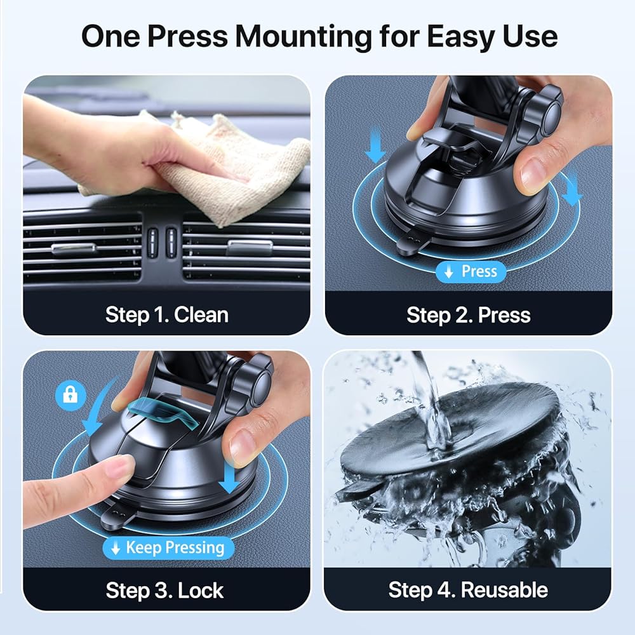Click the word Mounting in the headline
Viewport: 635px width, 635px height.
tap(304, 37)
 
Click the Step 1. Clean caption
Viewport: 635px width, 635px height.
tap(167, 315)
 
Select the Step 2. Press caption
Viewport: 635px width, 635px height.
tap(469, 315)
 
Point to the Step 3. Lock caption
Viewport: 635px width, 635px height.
tap(164, 590)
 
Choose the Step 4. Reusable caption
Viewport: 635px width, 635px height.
tap(468, 590)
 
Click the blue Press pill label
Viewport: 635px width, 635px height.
tap(471, 271)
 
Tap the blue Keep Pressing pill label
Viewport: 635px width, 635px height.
tap(168, 547)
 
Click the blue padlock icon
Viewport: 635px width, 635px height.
tap(71, 395)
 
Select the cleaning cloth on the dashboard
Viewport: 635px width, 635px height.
tap(211, 170)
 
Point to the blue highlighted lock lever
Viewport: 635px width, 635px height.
tap(162, 412)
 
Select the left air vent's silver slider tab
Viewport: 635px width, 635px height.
tap(74, 248)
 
